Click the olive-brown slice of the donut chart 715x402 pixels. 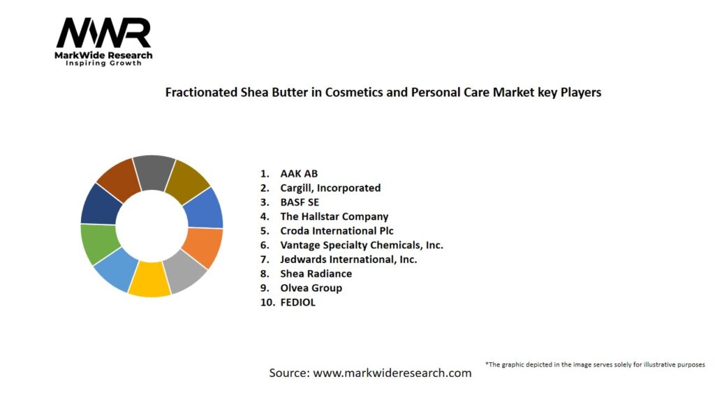pos(188,181)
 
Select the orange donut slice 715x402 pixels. pos(203,247)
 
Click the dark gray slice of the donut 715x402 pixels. pos(154,172)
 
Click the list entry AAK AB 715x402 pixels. pos(299,174)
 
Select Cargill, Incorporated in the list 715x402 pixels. pos(330,188)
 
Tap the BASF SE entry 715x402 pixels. pos(300,202)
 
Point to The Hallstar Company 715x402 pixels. pos(334,216)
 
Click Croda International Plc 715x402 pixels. pos(337,230)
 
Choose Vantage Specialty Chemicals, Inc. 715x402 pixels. pos(362,245)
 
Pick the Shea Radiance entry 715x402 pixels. pos(316,274)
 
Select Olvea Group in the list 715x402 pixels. pos(311,288)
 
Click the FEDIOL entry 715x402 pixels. pos(297,302)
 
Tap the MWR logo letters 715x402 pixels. pos(103,33)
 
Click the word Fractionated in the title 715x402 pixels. pos(201,92)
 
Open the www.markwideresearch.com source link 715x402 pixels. pos(392,373)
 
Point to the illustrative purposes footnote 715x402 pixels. pos(595,364)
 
